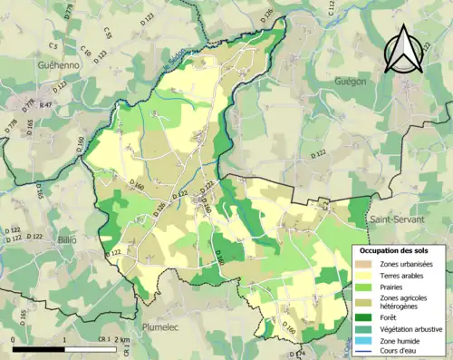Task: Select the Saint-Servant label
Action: [x=399, y=219]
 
